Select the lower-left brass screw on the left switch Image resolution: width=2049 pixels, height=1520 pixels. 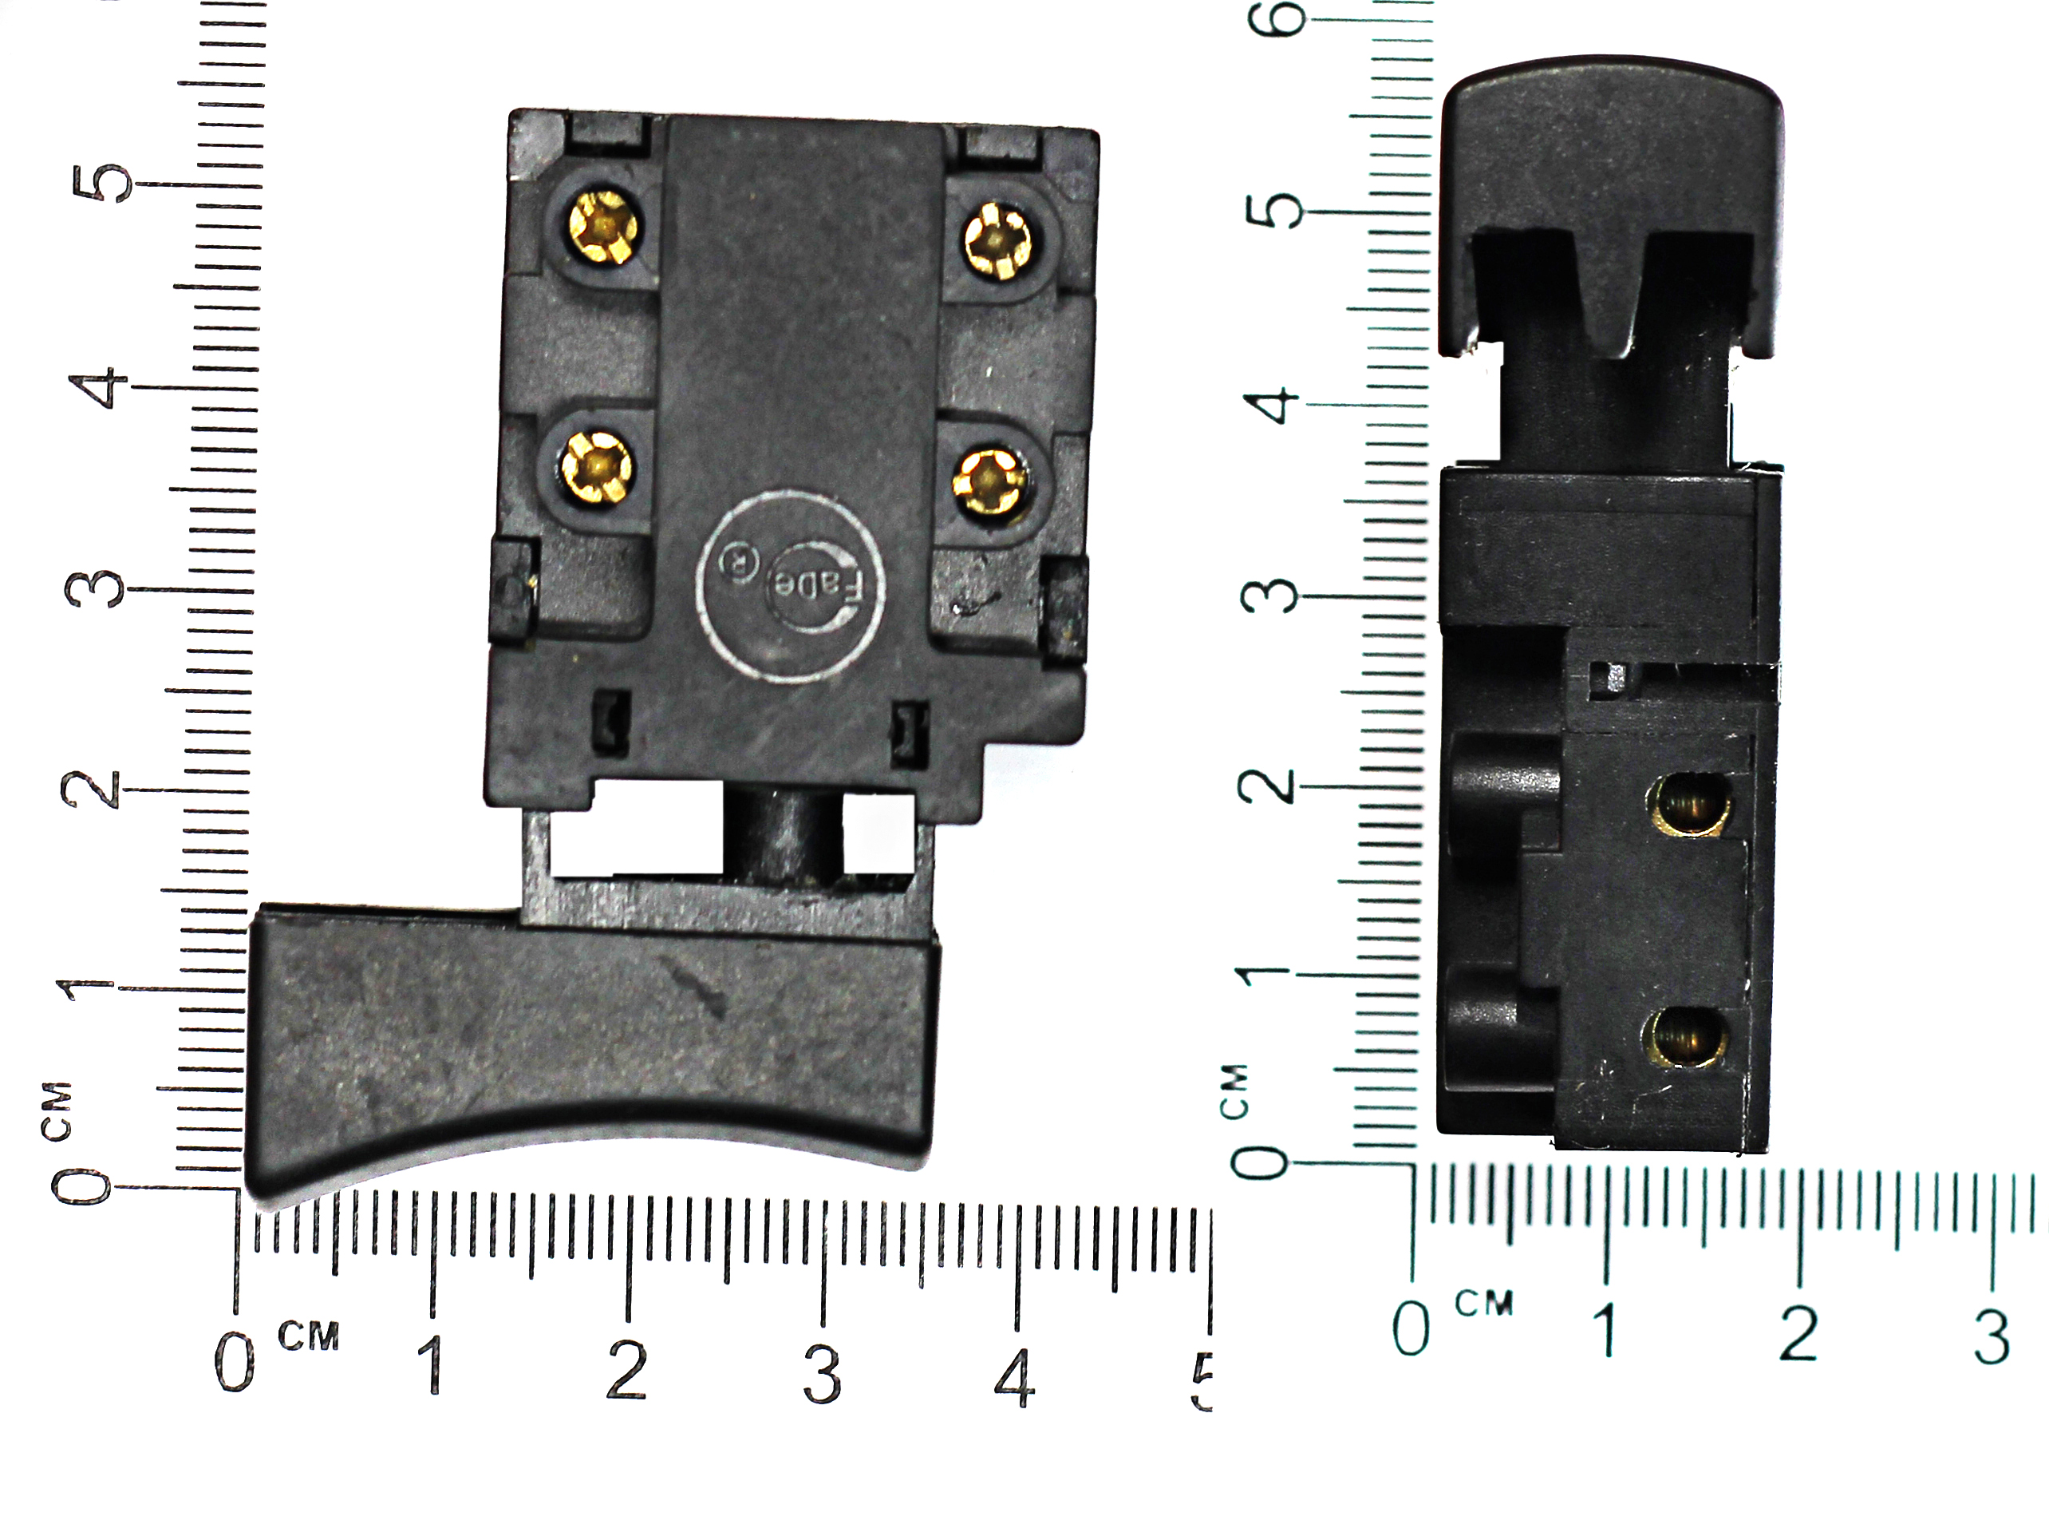click(x=598, y=466)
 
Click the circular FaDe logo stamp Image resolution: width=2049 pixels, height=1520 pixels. click(x=791, y=586)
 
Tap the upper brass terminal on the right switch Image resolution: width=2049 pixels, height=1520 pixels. click(x=1690, y=804)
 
